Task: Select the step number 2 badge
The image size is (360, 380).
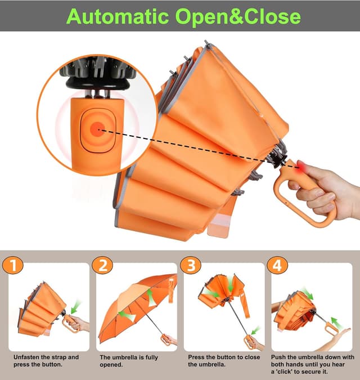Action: tap(103, 265)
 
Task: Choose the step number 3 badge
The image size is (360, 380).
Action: tap(191, 265)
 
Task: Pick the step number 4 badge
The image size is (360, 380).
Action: tap(278, 265)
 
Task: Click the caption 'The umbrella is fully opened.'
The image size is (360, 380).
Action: tap(129, 361)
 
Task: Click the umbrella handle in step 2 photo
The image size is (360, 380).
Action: tap(165, 339)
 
